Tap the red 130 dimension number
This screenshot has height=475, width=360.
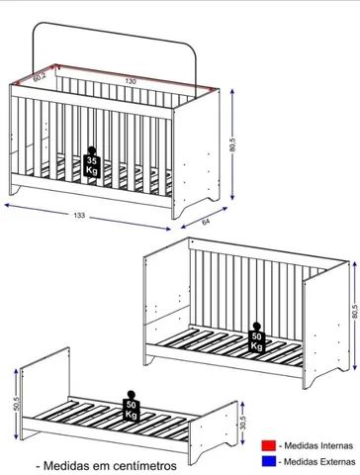click(131, 81)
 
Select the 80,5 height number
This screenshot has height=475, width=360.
click(233, 144)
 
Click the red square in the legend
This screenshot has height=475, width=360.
click(266, 446)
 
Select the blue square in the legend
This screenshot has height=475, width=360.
click(266, 461)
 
